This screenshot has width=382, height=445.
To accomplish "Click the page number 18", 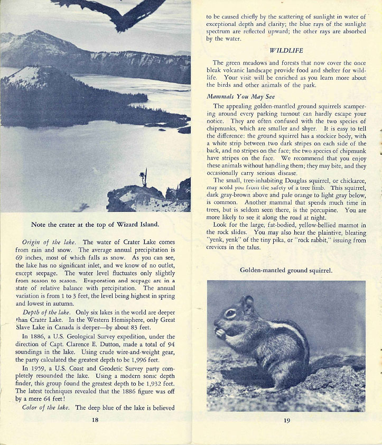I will pos(95,420).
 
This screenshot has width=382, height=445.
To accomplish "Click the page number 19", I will pos(287,421).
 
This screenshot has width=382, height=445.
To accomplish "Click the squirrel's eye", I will pos(231,313).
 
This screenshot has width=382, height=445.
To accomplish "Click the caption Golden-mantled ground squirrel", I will pos(286,270).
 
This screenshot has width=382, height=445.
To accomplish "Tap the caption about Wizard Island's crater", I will pos(95,224).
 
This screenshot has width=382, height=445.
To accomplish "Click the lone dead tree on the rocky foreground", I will pos(143,177).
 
